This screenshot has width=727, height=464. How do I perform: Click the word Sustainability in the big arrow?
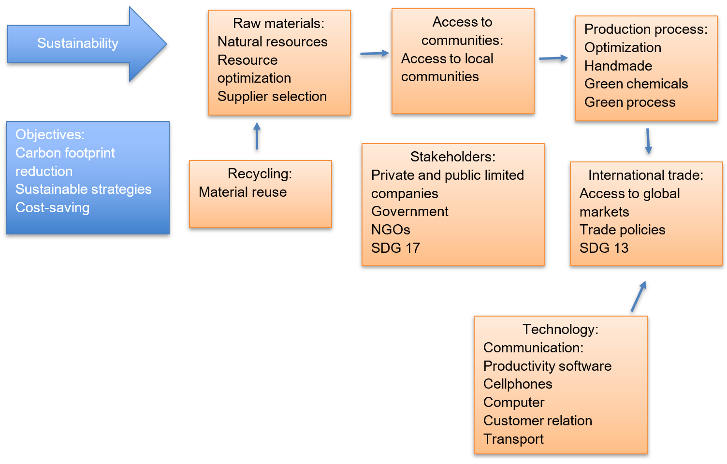(78, 43)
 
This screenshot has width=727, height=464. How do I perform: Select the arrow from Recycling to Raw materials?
(257, 136)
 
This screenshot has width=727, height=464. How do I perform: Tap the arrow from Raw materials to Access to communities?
(375, 54)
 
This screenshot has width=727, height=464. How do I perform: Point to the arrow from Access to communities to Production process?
(553, 58)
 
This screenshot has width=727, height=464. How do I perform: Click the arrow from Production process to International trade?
(648, 141)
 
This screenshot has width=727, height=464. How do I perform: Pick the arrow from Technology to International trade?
(639, 296)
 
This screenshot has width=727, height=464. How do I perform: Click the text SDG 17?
(395, 248)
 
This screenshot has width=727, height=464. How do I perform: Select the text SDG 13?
(604, 248)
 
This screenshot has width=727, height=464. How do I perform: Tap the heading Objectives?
(50, 134)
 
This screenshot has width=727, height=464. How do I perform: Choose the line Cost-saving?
(52, 208)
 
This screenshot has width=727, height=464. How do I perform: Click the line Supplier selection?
(272, 97)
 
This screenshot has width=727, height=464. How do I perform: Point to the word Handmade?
(618, 66)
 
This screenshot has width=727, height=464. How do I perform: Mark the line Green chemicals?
(636, 84)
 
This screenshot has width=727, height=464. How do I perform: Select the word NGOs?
(391, 230)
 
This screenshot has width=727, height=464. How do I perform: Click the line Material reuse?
(243, 192)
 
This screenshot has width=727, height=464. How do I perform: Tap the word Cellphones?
(518, 384)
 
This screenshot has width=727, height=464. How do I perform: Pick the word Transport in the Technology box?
(513, 439)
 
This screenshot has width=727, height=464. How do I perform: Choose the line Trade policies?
(622, 230)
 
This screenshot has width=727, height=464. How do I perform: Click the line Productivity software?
(547, 366)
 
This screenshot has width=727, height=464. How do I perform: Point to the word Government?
(409, 212)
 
